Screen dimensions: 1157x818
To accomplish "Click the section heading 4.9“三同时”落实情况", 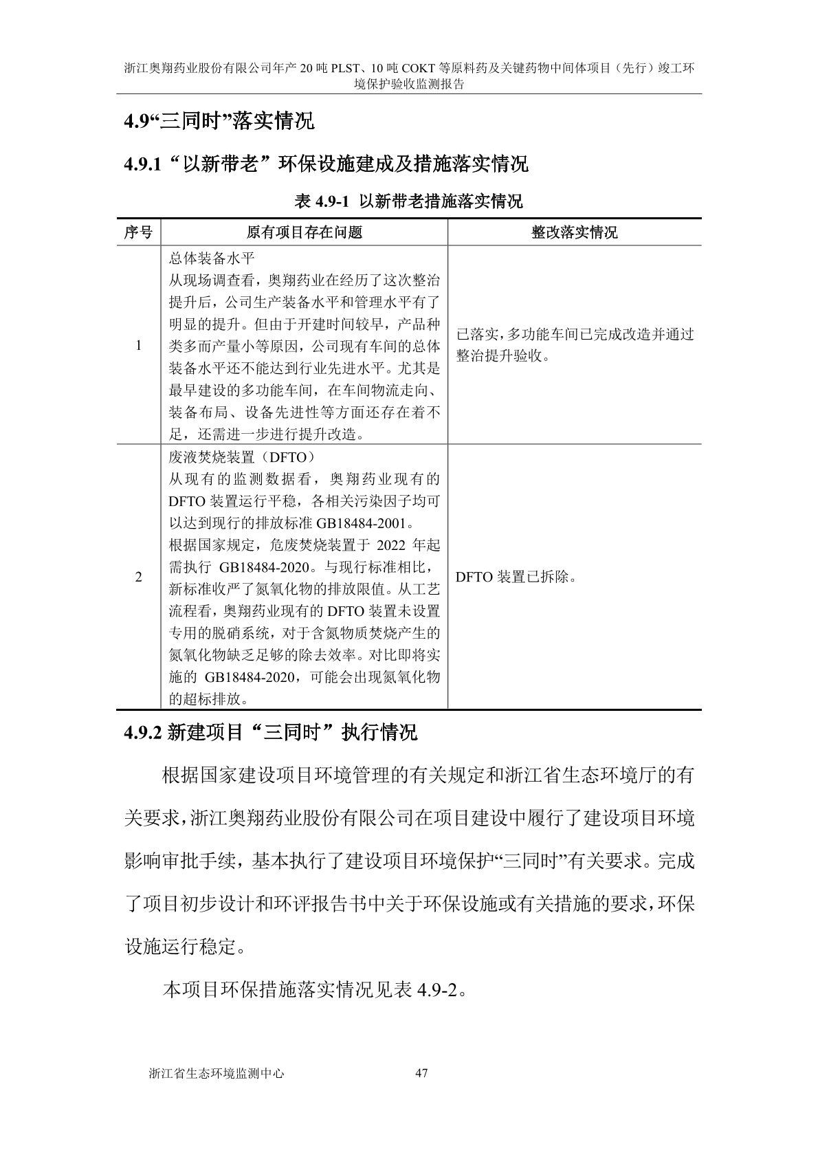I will pos(219,122).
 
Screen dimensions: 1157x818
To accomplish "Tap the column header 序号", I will pos(138,232).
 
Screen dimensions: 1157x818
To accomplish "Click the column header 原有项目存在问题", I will pos(304,232).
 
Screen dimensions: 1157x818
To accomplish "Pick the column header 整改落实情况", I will pos(574,232).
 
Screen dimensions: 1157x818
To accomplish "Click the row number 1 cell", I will pos(138,345).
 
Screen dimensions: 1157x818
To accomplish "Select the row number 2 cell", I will pos(138,577).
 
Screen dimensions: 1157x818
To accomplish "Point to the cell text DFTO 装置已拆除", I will pos(516,577).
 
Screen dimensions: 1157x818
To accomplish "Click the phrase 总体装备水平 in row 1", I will pos(212,259).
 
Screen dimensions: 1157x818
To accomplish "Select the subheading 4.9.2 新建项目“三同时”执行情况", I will pos(270,732).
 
